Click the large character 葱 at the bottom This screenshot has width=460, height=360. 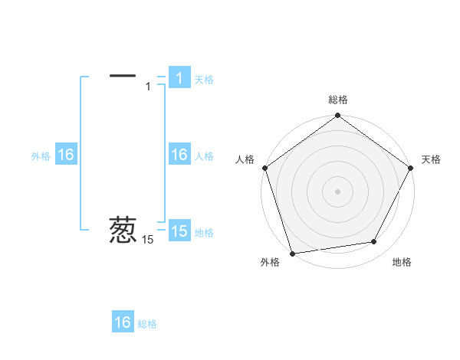coord(123,230)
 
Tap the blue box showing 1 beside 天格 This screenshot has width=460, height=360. coord(179,78)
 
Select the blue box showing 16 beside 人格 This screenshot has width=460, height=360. coord(179,155)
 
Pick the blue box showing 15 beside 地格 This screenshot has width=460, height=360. coord(179,231)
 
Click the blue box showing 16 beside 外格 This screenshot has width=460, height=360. coord(66,155)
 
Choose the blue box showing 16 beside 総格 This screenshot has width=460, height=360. coord(123,322)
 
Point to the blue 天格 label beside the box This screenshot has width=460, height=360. coord(204,79)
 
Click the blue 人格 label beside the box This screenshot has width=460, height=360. coord(204,156)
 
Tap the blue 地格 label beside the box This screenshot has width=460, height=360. coord(204,232)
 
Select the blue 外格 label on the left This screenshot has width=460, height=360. coord(41,156)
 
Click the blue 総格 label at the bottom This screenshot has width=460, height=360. coord(147,324)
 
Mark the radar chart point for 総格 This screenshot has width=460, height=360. coord(337,116)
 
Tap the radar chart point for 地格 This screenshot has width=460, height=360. coord(374,242)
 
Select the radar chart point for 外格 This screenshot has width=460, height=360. coord(292,253)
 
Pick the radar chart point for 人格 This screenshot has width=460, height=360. coord(265,168)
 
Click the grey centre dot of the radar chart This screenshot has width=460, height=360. coord(337,191)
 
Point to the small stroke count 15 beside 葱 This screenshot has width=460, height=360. coord(148,240)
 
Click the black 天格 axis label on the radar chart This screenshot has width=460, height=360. coord(431,159)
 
